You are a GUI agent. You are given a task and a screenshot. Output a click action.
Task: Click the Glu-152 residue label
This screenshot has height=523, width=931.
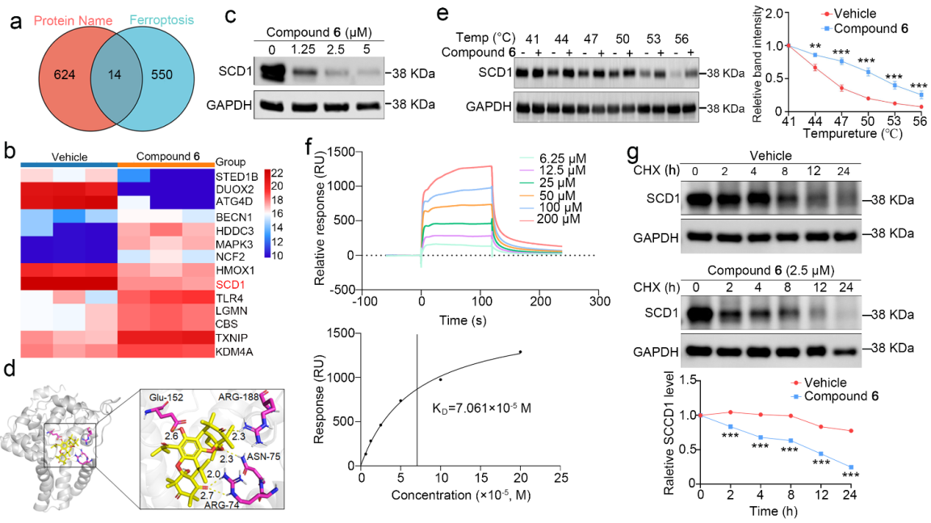(x=159, y=398)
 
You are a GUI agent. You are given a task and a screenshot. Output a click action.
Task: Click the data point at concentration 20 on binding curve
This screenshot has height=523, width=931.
(x=520, y=352)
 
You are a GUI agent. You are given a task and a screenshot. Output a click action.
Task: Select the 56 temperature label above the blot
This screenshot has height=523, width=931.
(x=681, y=38)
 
